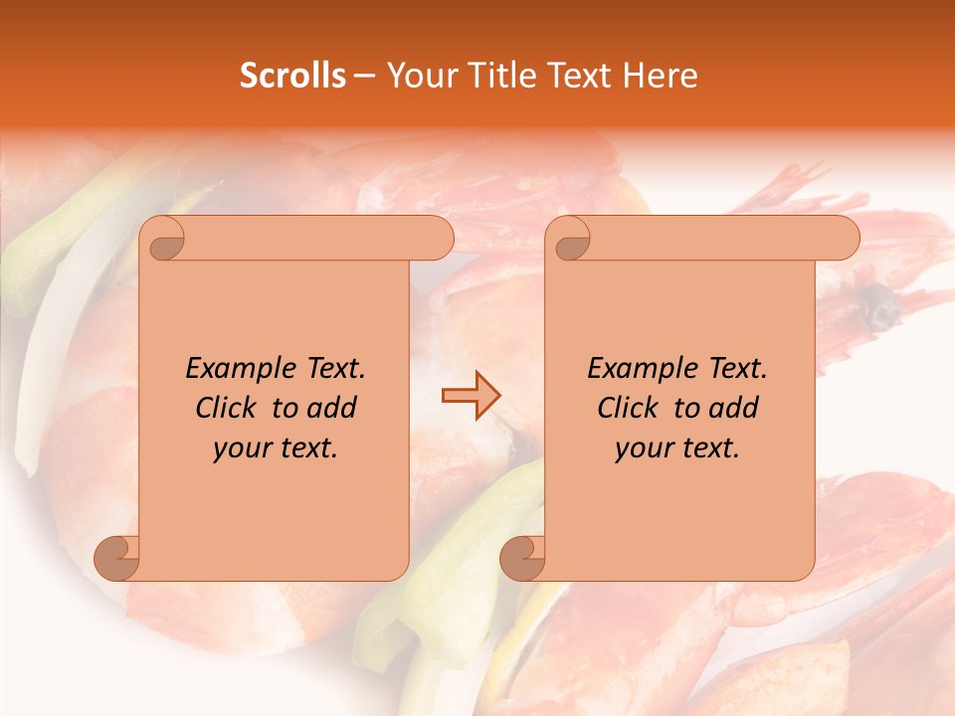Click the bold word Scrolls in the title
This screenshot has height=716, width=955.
pos(292,76)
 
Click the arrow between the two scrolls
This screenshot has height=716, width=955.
pos(471,396)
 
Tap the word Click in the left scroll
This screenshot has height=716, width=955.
pos(228,408)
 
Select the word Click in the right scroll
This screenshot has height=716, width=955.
pos(630,408)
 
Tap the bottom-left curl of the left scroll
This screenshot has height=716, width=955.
pos(117,558)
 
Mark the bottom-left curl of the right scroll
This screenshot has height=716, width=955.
pos(522,558)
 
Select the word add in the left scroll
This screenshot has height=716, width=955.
pos(332,408)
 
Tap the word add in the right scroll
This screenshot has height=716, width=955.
pos(734,408)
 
